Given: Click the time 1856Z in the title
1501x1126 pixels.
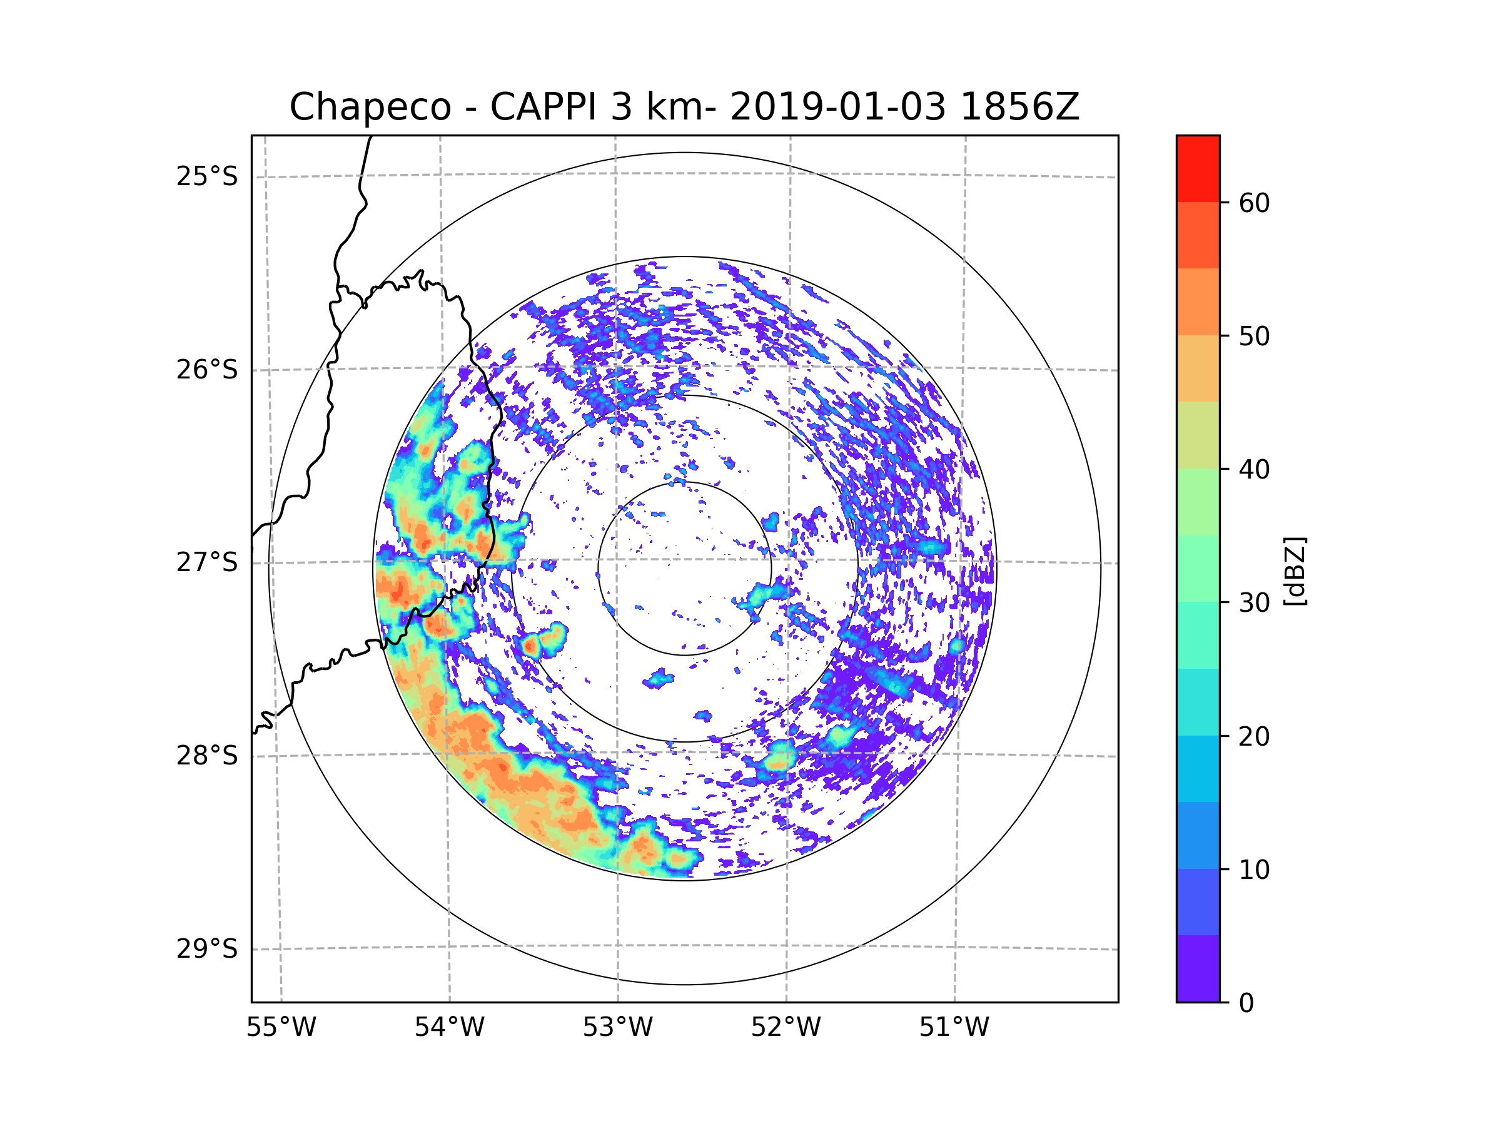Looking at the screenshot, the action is tap(1020, 107).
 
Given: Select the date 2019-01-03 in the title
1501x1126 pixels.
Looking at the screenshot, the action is tap(838, 107).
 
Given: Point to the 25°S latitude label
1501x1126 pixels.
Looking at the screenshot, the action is tap(207, 176).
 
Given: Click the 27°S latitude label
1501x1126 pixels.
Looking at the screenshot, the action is tap(207, 562).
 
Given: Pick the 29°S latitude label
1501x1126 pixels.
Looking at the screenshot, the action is tap(207, 949).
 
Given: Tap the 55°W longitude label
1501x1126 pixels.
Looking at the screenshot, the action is tap(281, 1028).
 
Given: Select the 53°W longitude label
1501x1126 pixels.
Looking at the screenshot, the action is tap(617, 1028).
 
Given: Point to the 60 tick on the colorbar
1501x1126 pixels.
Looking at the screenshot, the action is tap(1254, 203).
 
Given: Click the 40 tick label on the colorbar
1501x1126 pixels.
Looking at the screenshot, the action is tap(1254, 469).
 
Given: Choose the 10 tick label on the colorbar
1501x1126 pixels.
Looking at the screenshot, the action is tap(1254, 870).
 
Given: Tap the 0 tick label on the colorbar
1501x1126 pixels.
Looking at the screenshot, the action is tap(1246, 1003).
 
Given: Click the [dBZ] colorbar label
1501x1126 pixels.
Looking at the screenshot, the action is tap(1295, 571).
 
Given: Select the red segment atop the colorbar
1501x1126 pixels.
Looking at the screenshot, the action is tap(1198, 169).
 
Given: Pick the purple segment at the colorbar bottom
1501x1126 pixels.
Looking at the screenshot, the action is tap(1198, 968).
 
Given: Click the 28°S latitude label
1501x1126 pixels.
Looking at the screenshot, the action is tap(207, 756).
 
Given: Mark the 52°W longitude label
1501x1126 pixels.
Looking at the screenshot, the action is tap(786, 1028).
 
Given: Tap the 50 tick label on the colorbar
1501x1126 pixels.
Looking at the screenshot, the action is tap(1254, 336).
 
